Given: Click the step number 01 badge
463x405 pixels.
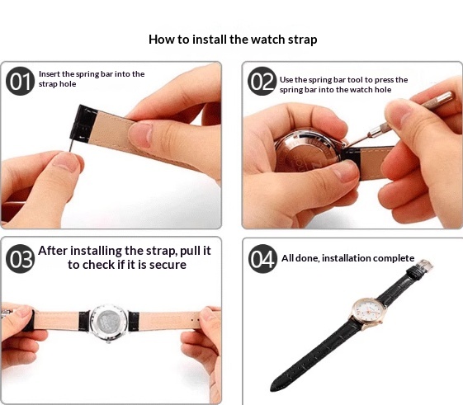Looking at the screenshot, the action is pyautogui.click(x=20, y=81).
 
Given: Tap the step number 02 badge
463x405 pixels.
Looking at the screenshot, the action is pyautogui.click(x=262, y=81).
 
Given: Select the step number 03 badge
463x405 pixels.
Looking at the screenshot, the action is pyautogui.click(x=20, y=258).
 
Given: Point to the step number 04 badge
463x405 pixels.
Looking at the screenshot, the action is pyautogui.click(x=262, y=258).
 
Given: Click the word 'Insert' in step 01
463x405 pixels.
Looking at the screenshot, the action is pyautogui.click(x=49, y=73).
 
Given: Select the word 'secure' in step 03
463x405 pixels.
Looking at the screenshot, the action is pyautogui.click(x=168, y=265).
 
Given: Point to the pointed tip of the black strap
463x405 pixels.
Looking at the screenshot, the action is pyautogui.click(x=272, y=389).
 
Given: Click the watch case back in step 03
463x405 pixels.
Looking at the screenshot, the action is pyautogui.click(x=108, y=323).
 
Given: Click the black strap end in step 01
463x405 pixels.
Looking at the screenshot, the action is pyautogui.click(x=83, y=124).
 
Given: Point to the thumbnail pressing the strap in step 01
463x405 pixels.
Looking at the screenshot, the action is pyautogui.click(x=141, y=134).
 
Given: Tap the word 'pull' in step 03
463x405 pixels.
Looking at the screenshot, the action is pyautogui.click(x=187, y=251).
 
